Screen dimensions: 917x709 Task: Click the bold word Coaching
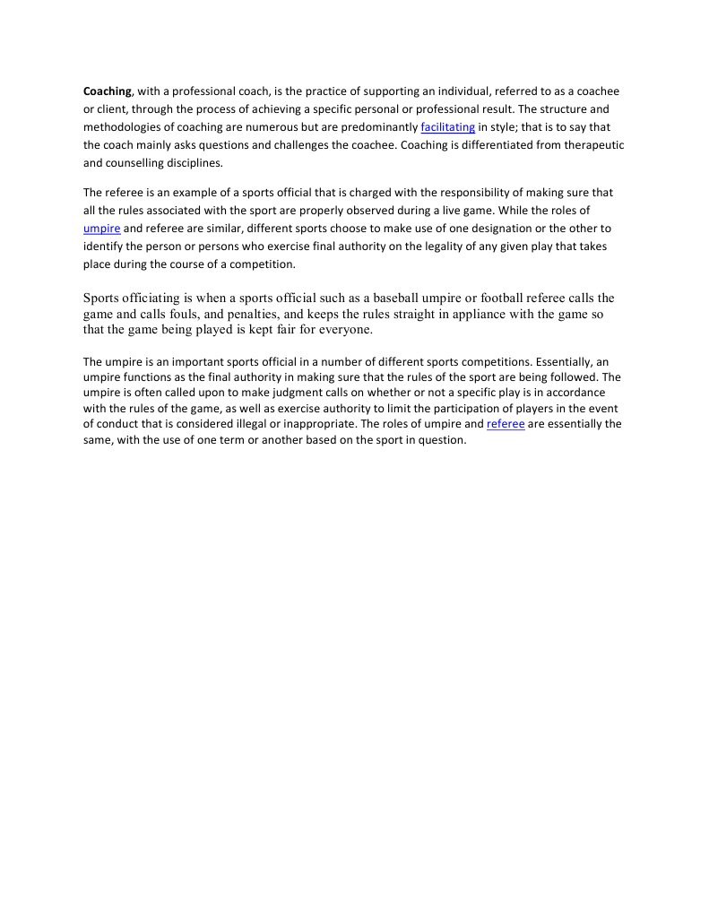[108, 91]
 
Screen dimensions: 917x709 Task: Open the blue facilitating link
[447, 127]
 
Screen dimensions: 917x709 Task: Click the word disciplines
[193, 163]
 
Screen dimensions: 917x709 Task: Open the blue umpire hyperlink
[101, 229]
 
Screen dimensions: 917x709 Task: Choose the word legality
[463, 247]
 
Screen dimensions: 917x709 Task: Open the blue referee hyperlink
[506, 424]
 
